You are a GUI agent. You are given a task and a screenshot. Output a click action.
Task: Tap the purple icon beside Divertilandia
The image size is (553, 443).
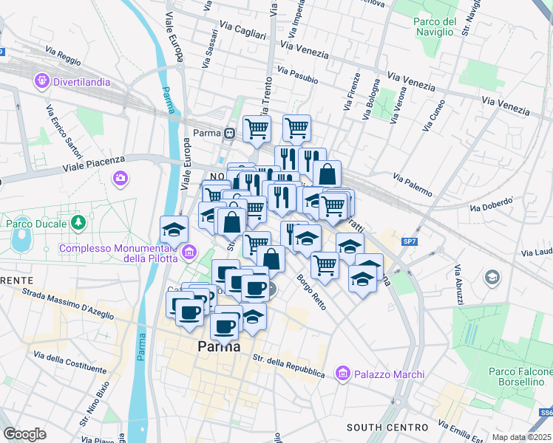41,80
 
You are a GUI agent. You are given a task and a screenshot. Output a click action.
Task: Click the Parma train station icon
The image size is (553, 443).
231,133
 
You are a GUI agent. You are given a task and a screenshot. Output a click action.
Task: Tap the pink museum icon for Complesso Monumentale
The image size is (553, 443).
189,253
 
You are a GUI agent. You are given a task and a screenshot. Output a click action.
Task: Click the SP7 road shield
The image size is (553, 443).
410,241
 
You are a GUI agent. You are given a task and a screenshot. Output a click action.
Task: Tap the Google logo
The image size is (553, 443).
24,433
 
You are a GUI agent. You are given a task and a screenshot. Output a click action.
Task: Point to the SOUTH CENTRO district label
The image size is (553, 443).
387,427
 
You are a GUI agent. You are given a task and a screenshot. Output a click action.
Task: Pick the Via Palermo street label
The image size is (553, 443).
413,185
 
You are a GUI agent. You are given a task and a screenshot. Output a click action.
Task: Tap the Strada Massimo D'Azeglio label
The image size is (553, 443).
68,306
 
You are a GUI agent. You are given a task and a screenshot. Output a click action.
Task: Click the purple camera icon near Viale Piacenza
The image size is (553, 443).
120,177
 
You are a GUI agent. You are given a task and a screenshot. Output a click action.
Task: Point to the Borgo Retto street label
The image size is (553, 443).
312,291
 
